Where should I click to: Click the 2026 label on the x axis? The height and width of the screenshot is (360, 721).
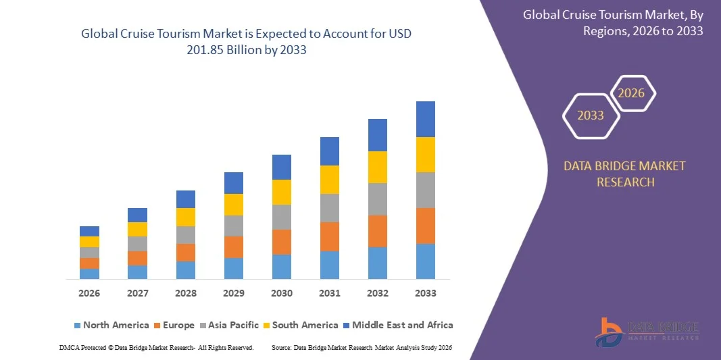89,293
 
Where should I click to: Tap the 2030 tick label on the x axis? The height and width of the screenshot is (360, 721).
282,293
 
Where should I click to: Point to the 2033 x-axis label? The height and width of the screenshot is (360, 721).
426,293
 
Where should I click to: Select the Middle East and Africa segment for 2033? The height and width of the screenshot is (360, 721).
426,119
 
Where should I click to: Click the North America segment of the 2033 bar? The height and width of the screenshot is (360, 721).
426,261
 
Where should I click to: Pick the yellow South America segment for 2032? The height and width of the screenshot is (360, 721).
378,167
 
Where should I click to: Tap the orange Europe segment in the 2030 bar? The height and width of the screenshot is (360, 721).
282,242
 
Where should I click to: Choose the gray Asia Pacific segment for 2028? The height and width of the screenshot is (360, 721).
186,234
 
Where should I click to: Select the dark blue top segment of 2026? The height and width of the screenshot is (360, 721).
89,231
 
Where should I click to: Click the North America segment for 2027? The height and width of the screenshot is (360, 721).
137,272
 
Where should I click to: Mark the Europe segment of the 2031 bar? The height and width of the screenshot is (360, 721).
330,236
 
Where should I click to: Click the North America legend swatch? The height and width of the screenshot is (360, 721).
77,326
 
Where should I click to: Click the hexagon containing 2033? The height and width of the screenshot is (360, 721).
591,115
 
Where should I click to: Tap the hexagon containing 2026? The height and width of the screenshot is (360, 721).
632,93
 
